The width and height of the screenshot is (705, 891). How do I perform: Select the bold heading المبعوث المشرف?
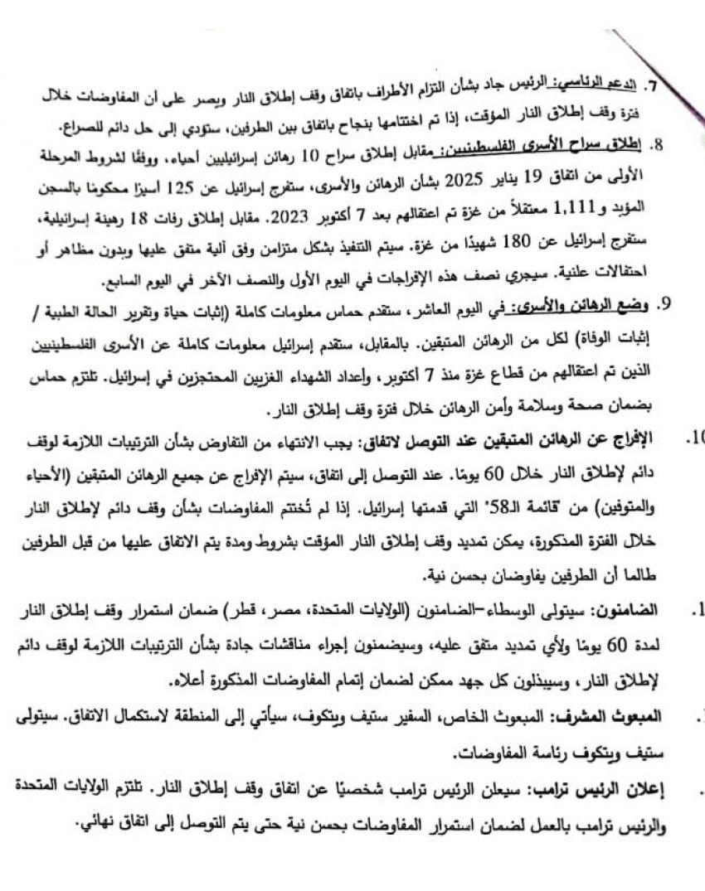pyautogui.click(x=620, y=714)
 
